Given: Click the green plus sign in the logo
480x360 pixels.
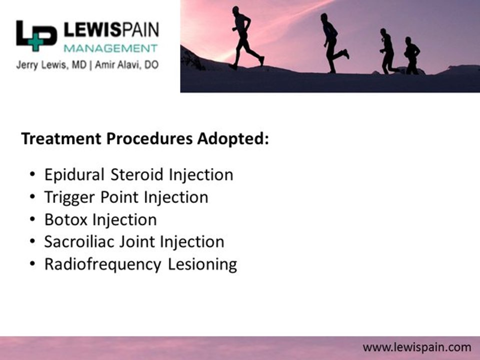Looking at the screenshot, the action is click(36, 42).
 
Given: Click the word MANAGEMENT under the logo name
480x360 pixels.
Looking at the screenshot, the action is click(110, 48).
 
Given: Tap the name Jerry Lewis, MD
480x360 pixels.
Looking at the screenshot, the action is click(51, 65).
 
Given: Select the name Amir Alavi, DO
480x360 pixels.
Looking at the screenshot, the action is click(126, 65).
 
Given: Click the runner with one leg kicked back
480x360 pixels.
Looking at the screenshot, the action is click(333, 43).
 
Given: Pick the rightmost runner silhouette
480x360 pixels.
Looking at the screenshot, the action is click(411, 55).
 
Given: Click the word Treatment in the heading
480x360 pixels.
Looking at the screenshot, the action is click(61, 138).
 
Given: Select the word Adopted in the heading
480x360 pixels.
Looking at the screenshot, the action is click(233, 139).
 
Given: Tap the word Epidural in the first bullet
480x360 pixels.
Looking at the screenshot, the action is click(74, 175).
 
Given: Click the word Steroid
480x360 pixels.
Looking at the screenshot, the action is click(137, 175).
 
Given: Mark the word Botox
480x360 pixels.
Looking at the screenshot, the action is click(66, 220).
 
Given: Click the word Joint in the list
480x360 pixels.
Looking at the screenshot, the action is click(136, 242).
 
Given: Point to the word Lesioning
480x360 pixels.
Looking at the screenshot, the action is click(202, 264).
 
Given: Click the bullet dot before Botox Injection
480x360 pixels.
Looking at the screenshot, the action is click(32, 219).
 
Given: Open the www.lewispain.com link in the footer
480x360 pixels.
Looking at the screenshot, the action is click(417, 348).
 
